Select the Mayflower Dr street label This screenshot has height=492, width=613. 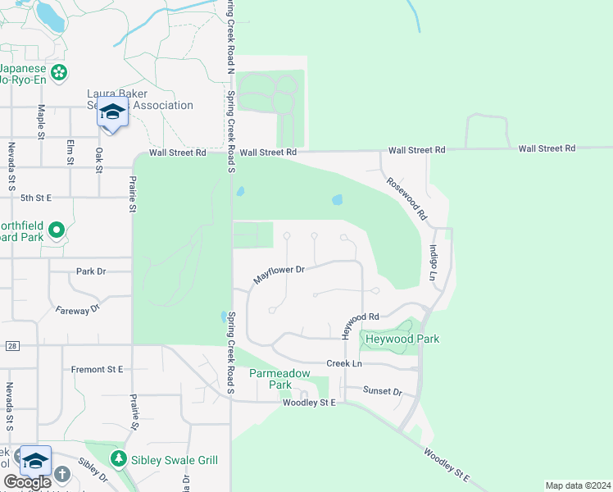279,274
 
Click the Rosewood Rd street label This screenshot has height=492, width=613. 407,199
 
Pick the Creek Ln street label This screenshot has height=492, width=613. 344,363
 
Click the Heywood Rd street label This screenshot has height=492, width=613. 360,321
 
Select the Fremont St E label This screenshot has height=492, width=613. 97,370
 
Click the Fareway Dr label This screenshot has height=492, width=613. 77,309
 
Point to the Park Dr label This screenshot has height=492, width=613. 91,271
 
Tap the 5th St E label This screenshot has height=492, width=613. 36,198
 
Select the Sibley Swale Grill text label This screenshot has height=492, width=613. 175,460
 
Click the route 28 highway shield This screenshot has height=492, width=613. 11,346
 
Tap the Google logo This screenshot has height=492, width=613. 26,482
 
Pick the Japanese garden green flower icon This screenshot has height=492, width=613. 59,74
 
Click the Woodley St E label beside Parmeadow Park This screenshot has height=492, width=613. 309,403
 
